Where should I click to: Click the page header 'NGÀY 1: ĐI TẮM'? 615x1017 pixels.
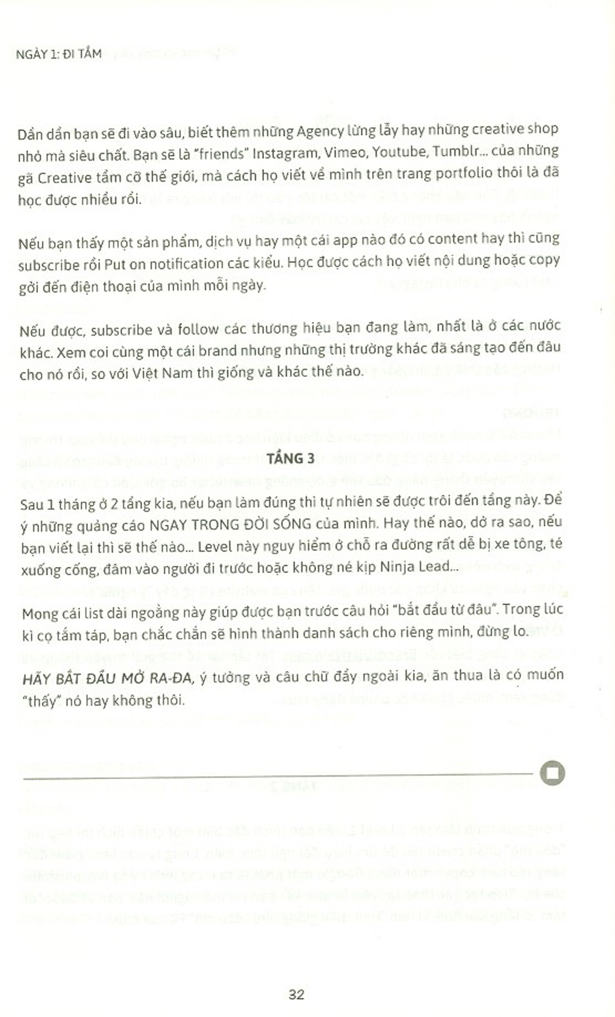pos(58,53)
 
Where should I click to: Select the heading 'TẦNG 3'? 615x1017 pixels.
pos(291,459)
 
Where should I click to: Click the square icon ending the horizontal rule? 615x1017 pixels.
pos(552,773)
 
